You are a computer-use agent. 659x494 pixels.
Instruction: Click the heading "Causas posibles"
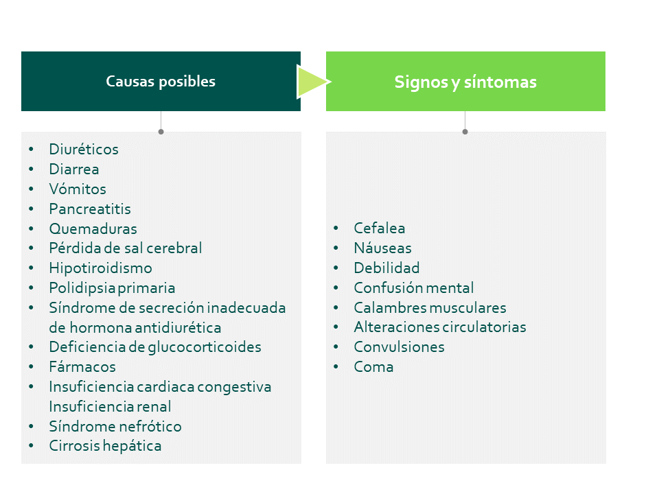click(161, 81)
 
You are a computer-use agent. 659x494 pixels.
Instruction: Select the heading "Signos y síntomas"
click(465, 82)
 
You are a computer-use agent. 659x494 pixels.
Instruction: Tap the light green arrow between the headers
click(313, 82)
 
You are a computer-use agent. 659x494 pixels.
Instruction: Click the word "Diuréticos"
click(84, 149)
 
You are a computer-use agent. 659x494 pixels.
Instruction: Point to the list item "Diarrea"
click(74, 169)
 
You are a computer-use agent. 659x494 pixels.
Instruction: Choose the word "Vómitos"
click(78, 189)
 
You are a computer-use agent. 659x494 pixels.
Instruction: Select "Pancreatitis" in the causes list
click(90, 209)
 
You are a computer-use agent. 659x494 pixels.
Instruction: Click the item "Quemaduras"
click(93, 228)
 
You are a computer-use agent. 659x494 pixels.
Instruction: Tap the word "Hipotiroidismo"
click(100, 268)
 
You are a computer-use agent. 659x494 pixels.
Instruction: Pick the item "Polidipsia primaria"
click(112, 287)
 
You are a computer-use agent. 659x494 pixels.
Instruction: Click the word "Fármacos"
click(82, 366)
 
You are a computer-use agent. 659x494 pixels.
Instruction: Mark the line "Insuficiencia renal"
click(110, 407)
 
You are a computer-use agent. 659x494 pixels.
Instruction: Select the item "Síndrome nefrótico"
click(115, 426)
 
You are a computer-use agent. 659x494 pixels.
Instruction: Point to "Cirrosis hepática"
click(105, 446)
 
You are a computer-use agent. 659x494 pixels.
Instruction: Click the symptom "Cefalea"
click(380, 228)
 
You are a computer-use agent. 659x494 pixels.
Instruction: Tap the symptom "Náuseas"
click(382, 248)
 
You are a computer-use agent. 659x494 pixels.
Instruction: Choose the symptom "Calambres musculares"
click(430, 307)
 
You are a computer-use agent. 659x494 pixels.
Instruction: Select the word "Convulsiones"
click(399, 347)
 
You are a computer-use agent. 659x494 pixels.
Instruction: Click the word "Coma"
click(373, 366)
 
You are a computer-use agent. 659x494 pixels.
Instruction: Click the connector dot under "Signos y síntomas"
click(465, 132)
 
